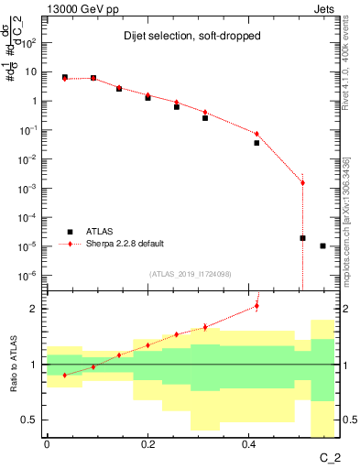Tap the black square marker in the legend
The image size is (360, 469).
(x=70, y=232)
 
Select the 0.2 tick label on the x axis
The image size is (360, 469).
(x=147, y=444)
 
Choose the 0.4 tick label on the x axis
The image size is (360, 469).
(x=248, y=444)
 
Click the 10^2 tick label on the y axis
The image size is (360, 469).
(x=31, y=43)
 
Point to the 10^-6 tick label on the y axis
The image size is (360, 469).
(x=31, y=275)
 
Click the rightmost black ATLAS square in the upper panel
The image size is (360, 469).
(x=322, y=245)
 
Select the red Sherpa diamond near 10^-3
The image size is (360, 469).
(x=302, y=183)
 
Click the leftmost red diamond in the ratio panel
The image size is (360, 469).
(x=64, y=375)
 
